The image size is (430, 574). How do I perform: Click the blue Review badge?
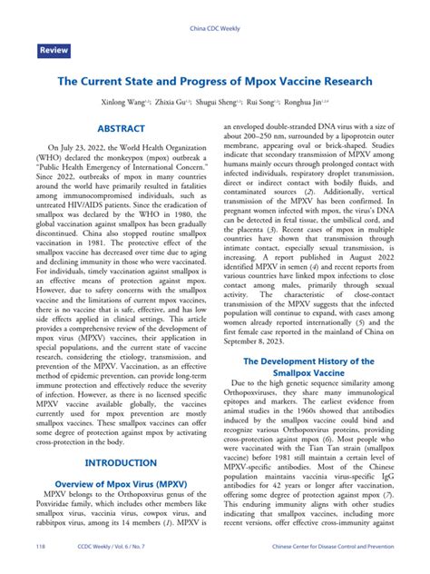coord(54,51)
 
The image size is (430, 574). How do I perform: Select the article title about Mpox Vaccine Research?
coord(214,81)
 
